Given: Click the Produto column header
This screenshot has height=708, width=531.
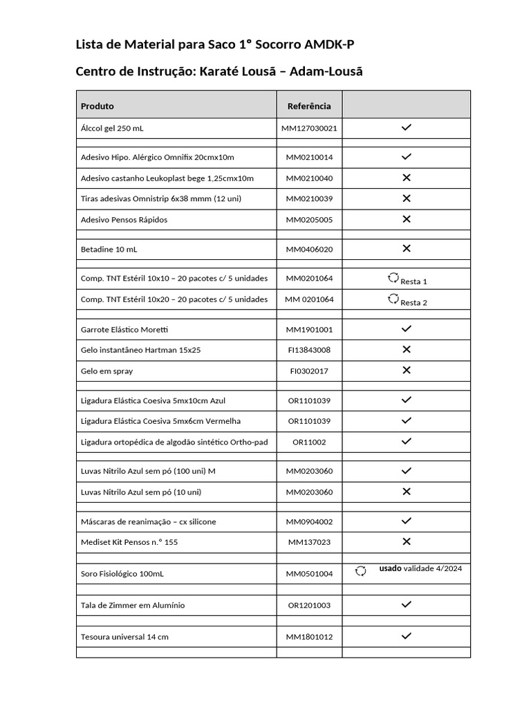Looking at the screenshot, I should [x=97, y=106].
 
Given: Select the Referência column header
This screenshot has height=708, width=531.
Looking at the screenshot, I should [x=309, y=106].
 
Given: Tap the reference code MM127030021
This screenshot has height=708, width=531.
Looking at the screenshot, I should [x=309, y=129].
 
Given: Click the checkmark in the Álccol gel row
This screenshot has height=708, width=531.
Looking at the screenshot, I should [x=407, y=128].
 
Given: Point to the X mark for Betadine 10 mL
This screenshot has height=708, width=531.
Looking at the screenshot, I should [x=407, y=248].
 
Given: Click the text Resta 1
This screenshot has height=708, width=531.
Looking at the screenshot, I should [x=413, y=281].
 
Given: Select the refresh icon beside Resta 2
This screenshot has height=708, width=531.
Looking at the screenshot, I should [x=393, y=299].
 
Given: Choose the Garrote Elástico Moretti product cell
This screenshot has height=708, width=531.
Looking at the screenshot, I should [x=124, y=329].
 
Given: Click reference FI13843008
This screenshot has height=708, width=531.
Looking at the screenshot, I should [x=309, y=350].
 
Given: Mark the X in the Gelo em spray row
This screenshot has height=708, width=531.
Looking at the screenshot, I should [x=407, y=371].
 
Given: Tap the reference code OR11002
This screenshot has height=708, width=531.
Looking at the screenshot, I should [x=309, y=442].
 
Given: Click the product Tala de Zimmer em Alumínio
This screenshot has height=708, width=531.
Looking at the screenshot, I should [x=133, y=606].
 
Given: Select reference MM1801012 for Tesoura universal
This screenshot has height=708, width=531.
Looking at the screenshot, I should [x=309, y=637].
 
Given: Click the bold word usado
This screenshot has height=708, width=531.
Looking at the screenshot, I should [x=390, y=568].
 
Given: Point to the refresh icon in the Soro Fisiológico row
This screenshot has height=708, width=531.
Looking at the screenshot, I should [x=360, y=571].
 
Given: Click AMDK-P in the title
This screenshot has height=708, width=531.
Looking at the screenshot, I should [x=330, y=46].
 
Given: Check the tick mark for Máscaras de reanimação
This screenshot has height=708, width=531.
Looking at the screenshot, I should [x=407, y=521].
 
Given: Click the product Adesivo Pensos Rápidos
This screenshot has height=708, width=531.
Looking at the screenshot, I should [x=124, y=220].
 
